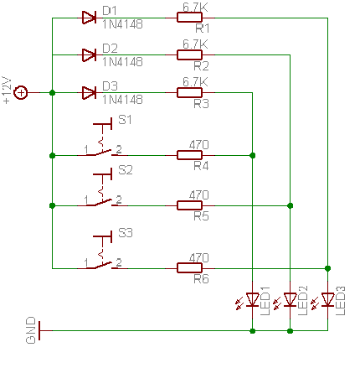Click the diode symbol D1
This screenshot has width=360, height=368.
click(89, 18)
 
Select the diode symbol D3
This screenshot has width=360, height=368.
click(89, 92)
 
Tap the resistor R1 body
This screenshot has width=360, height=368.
click(189, 18)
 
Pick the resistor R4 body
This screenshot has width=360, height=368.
click(189, 155)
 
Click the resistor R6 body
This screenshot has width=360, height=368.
click(189, 268)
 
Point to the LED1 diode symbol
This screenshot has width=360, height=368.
click(253, 299)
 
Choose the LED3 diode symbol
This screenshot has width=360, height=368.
click(327, 299)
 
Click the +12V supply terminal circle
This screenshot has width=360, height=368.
click(21, 92)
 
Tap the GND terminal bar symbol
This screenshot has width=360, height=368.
click(39, 330)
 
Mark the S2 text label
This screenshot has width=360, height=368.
click(126, 170)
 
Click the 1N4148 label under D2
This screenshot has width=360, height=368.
click(122, 62)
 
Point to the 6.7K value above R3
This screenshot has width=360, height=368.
click(195, 82)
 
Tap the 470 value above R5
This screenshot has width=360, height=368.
click(198, 195)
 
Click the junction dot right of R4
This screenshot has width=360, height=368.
click(253, 155)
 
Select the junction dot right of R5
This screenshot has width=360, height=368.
click(291, 205)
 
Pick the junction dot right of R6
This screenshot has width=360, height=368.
click(327, 268)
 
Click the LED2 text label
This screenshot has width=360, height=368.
click(303, 301)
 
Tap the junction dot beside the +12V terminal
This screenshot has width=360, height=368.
click(52, 93)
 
